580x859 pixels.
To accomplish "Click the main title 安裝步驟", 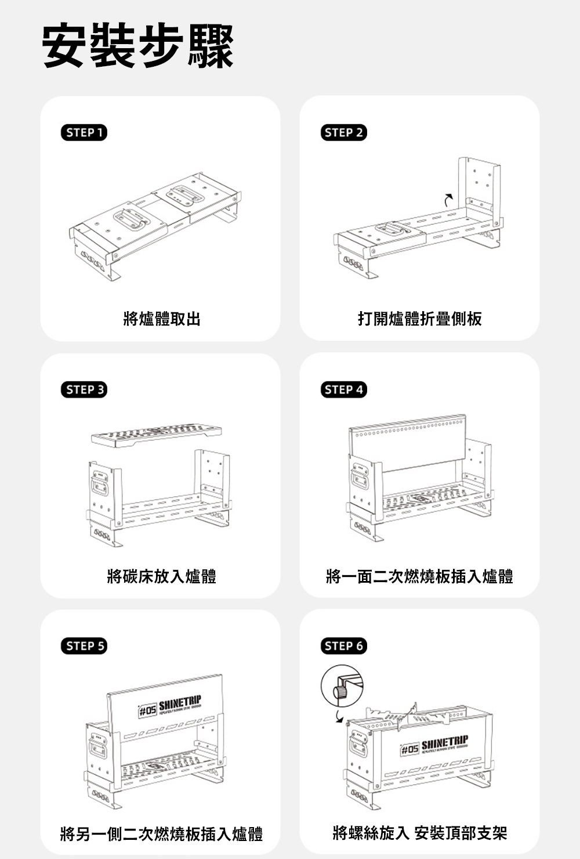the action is point(138,46).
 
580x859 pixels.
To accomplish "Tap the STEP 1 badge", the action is point(84,133).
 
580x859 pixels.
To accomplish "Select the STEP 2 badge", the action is point(344,133).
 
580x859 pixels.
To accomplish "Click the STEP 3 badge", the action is point(84,389).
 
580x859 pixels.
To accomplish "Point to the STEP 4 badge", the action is point(344,389).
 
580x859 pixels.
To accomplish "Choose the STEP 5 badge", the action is point(84,646).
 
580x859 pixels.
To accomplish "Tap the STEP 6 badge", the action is point(344,646).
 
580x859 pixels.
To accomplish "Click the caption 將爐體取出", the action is point(162,319).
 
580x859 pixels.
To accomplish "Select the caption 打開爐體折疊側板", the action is point(419,319).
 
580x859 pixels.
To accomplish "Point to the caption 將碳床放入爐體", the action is point(162,576).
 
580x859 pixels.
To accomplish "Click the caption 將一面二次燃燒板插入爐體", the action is point(419,576).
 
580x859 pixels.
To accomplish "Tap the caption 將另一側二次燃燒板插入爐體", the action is point(162,834).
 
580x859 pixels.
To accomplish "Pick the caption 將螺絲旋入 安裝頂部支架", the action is point(419,834).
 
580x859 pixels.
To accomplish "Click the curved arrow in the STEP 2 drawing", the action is point(447,199).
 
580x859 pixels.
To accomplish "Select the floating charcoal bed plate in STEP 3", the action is point(156,435).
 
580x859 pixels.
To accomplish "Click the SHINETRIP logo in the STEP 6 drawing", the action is point(434,748).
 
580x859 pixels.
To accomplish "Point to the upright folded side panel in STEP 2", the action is point(479,186).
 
